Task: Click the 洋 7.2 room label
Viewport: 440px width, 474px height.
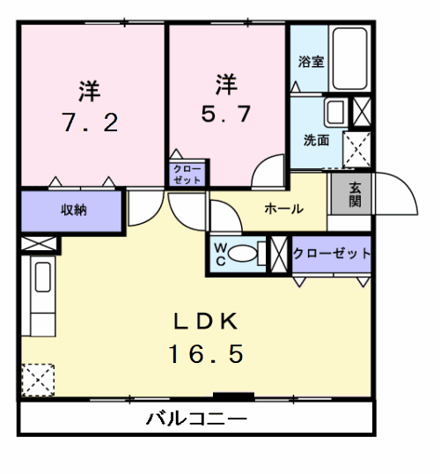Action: pos(89,107)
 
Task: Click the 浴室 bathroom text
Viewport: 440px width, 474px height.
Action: pos(310,63)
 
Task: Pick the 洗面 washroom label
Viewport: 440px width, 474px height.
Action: pos(316,140)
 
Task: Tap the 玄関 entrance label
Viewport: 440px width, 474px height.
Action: pos(355,194)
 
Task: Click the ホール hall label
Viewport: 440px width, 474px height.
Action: pos(283,210)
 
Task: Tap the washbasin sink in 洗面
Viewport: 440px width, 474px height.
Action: pos(335,112)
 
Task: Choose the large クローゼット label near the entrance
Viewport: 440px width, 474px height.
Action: pos(332,253)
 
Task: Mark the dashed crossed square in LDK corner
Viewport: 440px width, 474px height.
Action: pos(38,381)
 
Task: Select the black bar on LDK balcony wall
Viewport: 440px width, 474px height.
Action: pos(233,396)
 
